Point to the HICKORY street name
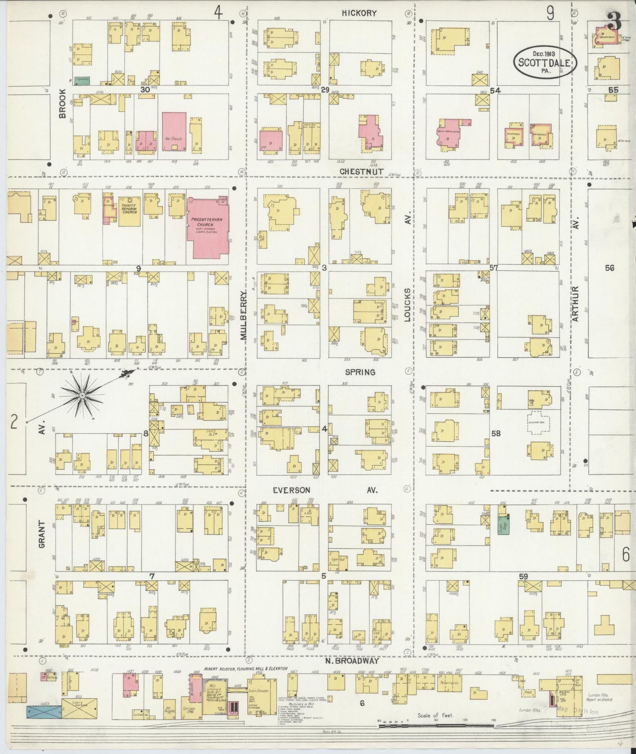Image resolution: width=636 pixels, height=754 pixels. pyautogui.click(x=359, y=13)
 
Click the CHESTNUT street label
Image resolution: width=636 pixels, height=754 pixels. pyautogui.click(x=361, y=171)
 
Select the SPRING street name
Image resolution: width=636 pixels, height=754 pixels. pyautogui.click(x=360, y=372)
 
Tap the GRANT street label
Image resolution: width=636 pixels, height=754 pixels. pyautogui.click(x=42, y=534)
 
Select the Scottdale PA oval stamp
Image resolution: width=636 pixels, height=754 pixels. pyautogui.click(x=544, y=62)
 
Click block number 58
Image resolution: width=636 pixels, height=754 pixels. pyautogui.click(x=496, y=434)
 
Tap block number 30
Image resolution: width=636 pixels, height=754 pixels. pyautogui.click(x=145, y=89)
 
